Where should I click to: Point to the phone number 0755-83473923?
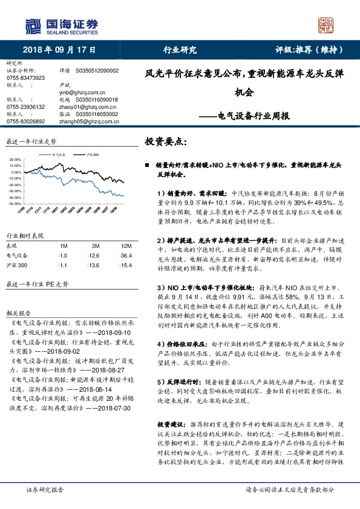point(26,79)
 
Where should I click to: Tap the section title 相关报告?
point(19,314)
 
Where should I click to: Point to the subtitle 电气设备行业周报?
point(253,115)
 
